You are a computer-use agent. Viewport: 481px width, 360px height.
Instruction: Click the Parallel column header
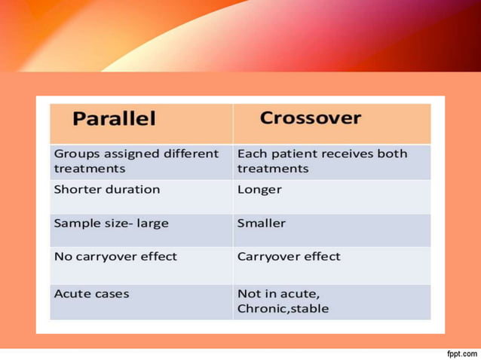[x=115, y=119]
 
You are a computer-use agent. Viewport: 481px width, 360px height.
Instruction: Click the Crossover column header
[x=311, y=118]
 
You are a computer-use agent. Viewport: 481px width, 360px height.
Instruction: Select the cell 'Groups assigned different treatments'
[x=136, y=161]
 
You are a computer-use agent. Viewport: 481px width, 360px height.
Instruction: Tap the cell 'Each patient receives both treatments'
[x=322, y=161]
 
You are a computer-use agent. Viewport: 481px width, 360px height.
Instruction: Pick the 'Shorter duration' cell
[x=107, y=190]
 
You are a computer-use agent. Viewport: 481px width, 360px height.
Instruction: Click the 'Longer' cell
[x=259, y=190]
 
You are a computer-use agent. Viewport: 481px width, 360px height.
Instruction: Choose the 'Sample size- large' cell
[x=112, y=224]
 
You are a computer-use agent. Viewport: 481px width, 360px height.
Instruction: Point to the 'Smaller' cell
[x=262, y=224]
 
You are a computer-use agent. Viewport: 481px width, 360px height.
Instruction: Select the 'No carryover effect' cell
[x=115, y=257]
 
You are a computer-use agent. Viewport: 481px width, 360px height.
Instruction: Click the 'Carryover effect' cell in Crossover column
[x=289, y=257]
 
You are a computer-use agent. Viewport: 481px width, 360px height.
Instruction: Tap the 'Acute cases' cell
[x=91, y=294]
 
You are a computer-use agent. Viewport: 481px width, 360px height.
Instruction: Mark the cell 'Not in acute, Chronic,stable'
[x=283, y=301]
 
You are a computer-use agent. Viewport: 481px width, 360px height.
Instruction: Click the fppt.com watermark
[x=461, y=353]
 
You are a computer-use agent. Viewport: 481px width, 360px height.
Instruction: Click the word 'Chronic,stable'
[x=283, y=309]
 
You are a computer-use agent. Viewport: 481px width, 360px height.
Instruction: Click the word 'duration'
[x=133, y=190]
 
